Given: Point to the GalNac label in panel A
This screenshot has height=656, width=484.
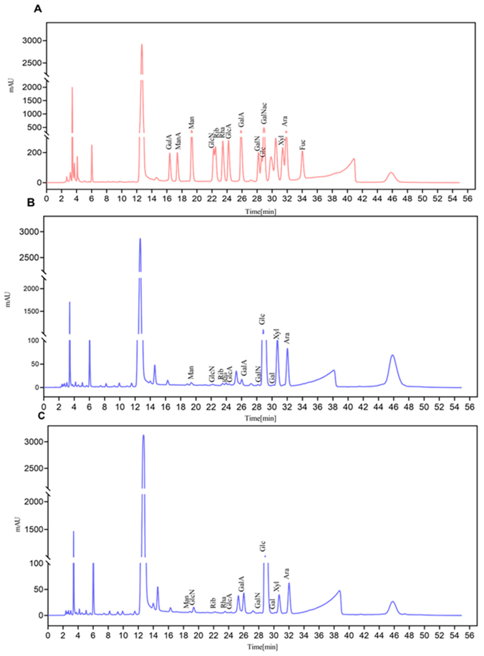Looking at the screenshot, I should (264, 113).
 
